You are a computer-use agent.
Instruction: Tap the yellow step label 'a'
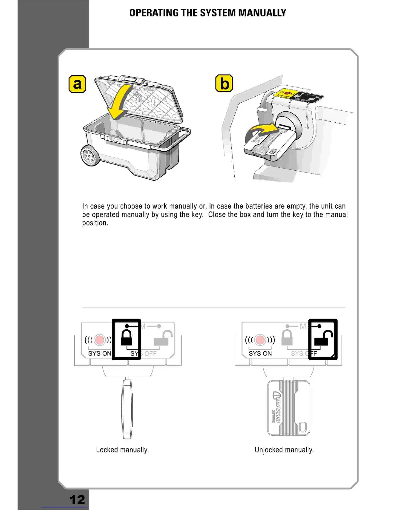(x=78, y=84)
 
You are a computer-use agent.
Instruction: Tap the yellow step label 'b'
(x=224, y=83)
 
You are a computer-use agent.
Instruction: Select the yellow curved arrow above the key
(x=261, y=132)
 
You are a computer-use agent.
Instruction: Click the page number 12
(x=77, y=499)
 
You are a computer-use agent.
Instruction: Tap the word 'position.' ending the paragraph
(x=95, y=223)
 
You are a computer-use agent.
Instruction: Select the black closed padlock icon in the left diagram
(x=127, y=337)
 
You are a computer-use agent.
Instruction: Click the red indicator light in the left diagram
(x=100, y=340)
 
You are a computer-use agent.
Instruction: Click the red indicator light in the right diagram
(x=260, y=340)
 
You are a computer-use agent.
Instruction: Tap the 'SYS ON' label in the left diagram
(x=99, y=354)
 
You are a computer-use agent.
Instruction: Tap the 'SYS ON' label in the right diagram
(x=260, y=354)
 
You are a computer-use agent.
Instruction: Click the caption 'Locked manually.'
(x=122, y=450)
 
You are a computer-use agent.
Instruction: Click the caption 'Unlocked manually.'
(x=284, y=450)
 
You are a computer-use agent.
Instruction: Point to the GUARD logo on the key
(x=277, y=408)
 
